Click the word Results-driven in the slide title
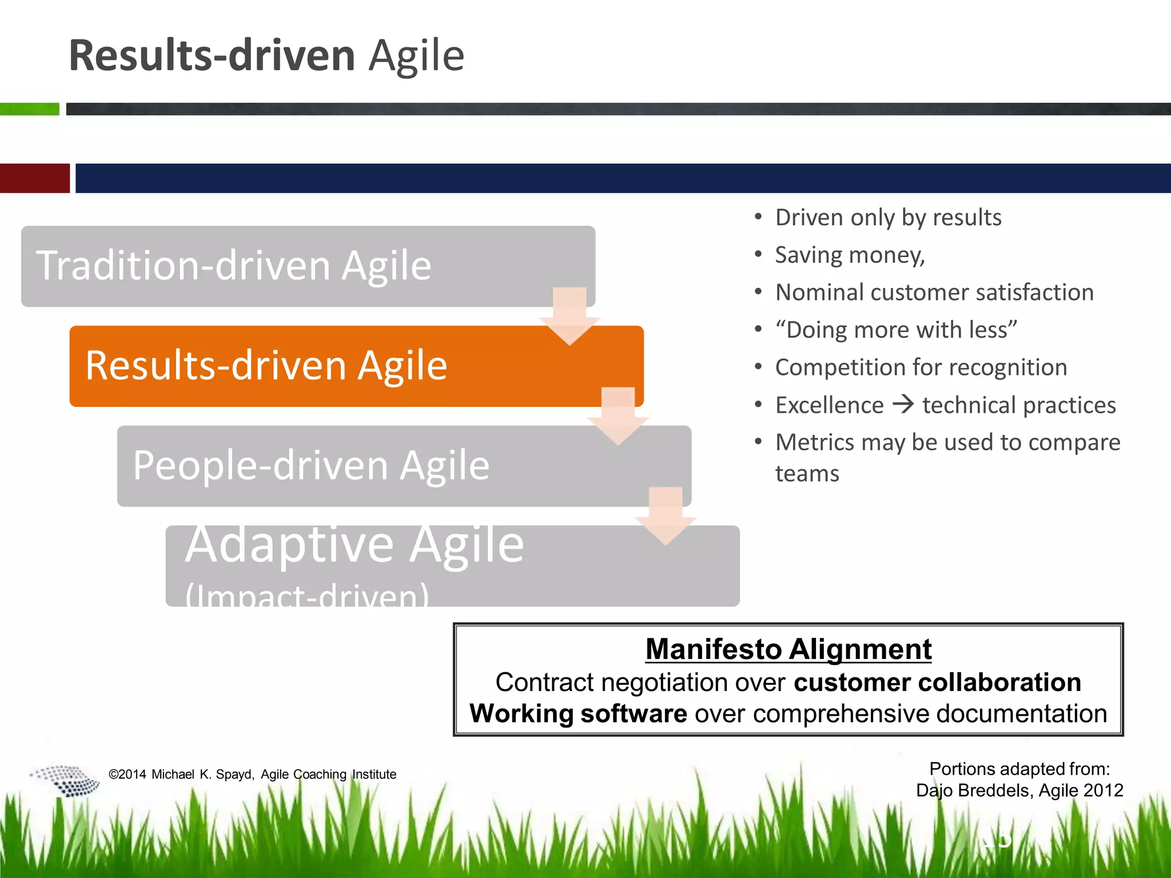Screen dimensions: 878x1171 point(212,56)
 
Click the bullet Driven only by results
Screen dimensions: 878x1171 point(888,218)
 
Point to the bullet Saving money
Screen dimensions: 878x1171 point(850,255)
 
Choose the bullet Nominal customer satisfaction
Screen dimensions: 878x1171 point(934,293)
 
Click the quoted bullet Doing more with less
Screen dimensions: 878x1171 point(896,330)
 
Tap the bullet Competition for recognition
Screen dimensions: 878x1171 point(921,368)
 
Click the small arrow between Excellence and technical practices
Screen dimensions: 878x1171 point(903,405)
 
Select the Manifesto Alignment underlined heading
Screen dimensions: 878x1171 point(788,649)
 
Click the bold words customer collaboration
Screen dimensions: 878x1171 point(937,683)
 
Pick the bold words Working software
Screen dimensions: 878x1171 point(578,714)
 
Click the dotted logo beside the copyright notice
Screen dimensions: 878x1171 point(65,780)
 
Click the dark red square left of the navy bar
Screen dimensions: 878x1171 point(34,178)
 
